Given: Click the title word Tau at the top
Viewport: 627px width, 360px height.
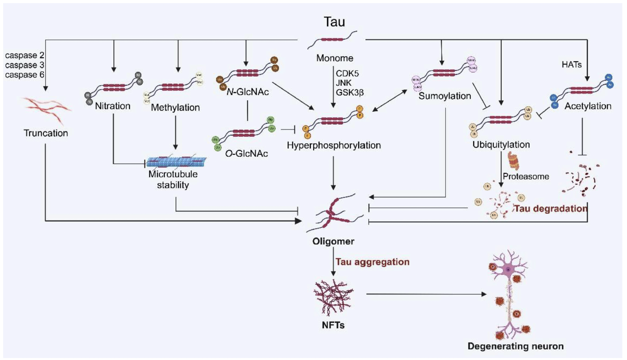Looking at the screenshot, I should (x=334, y=22).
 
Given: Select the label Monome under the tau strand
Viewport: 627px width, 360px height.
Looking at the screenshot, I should (x=335, y=58).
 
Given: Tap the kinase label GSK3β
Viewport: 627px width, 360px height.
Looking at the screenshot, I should (x=350, y=93).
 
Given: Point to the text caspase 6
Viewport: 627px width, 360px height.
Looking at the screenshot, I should (x=24, y=75).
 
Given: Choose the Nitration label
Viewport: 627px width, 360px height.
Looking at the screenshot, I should (x=113, y=106).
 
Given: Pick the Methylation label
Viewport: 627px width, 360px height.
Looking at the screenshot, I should (x=175, y=107).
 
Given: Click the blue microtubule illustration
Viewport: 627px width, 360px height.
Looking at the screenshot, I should (x=176, y=162).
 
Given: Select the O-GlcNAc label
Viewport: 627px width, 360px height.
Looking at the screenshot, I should (x=246, y=154).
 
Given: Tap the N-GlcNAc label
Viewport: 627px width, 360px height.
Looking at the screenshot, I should (x=248, y=92).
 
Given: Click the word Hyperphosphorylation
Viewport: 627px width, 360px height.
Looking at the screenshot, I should (x=334, y=145).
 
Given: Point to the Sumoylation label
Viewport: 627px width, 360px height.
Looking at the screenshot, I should (x=445, y=96).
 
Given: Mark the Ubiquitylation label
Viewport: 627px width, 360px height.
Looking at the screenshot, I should (x=501, y=145).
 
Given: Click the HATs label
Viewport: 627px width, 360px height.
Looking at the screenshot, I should (x=571, y=65).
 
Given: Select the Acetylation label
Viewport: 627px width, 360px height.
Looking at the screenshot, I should (x=588, y=106).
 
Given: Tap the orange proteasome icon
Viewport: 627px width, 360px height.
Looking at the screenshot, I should (x=513, y=160).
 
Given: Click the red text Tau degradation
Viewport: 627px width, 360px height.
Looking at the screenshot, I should (x=550, y=209).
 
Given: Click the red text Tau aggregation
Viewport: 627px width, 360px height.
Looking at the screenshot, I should (x=372, y=262).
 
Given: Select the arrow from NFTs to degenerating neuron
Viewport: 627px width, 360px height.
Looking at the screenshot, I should (x=426, y=294).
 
